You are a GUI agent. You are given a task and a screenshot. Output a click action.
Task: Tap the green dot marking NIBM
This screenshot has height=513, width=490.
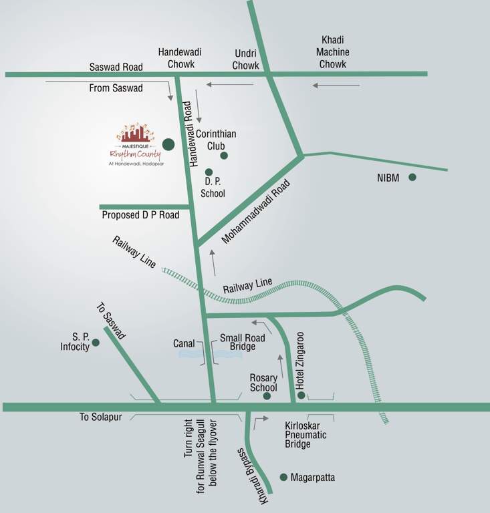click(412, 177)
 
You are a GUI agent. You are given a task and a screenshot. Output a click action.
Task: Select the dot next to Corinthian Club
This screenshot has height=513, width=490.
click(224, 156)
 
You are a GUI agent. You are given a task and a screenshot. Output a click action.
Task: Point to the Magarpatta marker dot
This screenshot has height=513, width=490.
click(283, 477)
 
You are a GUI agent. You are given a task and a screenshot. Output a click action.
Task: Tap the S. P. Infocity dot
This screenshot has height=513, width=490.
click(96, 343)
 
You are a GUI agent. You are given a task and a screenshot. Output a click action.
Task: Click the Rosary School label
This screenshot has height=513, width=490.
click(263, 383)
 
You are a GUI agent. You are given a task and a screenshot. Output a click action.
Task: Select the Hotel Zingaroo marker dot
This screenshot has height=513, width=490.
click(301, 395)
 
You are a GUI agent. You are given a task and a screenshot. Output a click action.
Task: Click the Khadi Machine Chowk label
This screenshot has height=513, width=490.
click(333, 52)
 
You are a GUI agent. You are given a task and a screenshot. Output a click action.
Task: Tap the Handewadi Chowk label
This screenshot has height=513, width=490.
click(180, 58)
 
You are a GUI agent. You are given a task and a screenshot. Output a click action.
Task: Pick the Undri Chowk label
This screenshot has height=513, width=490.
click(245, 59)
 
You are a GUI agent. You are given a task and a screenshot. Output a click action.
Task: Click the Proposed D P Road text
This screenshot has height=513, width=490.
click(140, 216)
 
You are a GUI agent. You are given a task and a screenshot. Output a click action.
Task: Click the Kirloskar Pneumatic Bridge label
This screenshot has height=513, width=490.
click(307, 435)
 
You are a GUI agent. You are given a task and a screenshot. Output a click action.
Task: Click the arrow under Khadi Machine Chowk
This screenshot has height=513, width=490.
click(336, 85)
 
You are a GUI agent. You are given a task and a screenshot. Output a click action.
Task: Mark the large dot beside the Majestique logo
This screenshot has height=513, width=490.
click(168, 144)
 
